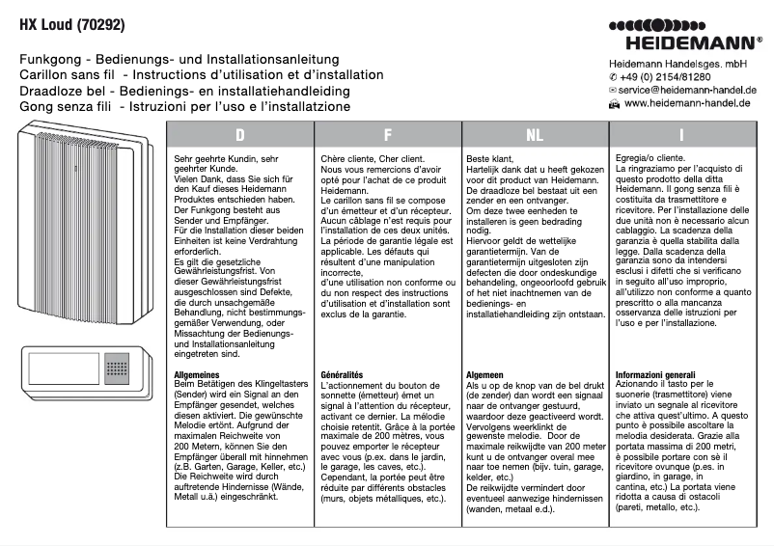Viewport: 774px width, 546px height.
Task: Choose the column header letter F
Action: tap(387, 135)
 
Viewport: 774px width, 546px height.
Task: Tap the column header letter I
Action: tap(681, 135)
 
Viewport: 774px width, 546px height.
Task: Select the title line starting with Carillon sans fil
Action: tap(187, 75)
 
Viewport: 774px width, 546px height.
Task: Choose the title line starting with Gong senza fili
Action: tap(184, 106)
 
